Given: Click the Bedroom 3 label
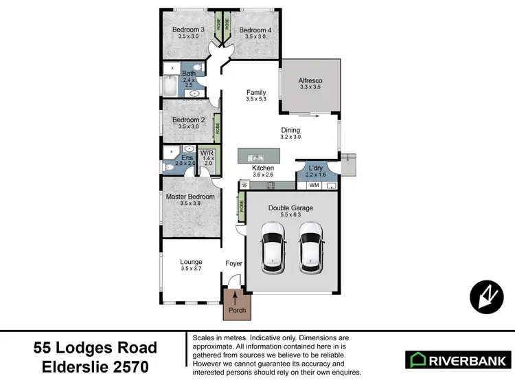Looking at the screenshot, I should (188, 30).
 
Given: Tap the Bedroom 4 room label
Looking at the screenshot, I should (255, 30).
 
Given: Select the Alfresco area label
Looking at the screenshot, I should (311, 80).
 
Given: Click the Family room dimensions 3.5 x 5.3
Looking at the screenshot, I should (257, 100).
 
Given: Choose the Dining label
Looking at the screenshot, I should (291, 129).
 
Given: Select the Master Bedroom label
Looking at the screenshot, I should (190, 197).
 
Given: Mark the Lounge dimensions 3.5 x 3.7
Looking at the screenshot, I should (191, 269).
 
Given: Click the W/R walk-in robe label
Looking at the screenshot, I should (207, 153).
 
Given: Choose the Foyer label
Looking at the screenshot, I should (234, 263).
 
